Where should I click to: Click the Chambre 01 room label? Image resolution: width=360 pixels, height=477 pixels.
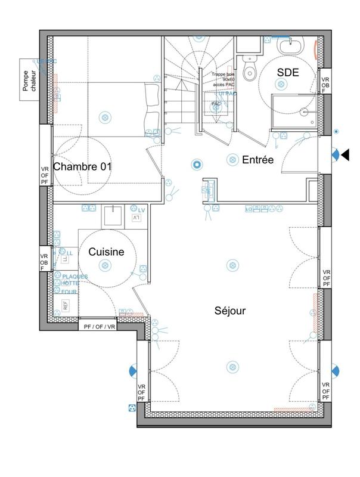coord(82,166)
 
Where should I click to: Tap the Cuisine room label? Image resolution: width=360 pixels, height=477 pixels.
coord(106,252)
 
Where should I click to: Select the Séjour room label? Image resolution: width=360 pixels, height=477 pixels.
coord(230,311)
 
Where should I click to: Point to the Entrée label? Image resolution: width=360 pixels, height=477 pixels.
coord(257,160)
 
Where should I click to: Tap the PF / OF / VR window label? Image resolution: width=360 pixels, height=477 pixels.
coord(100,327)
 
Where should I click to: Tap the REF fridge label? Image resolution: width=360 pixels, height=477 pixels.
coord(65,306)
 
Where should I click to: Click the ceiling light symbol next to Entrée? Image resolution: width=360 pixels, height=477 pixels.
coord(232,159)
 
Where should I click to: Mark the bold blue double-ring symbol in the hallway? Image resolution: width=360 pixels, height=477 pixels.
coord(195,164)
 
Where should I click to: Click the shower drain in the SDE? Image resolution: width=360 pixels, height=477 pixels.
coord(304,111)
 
